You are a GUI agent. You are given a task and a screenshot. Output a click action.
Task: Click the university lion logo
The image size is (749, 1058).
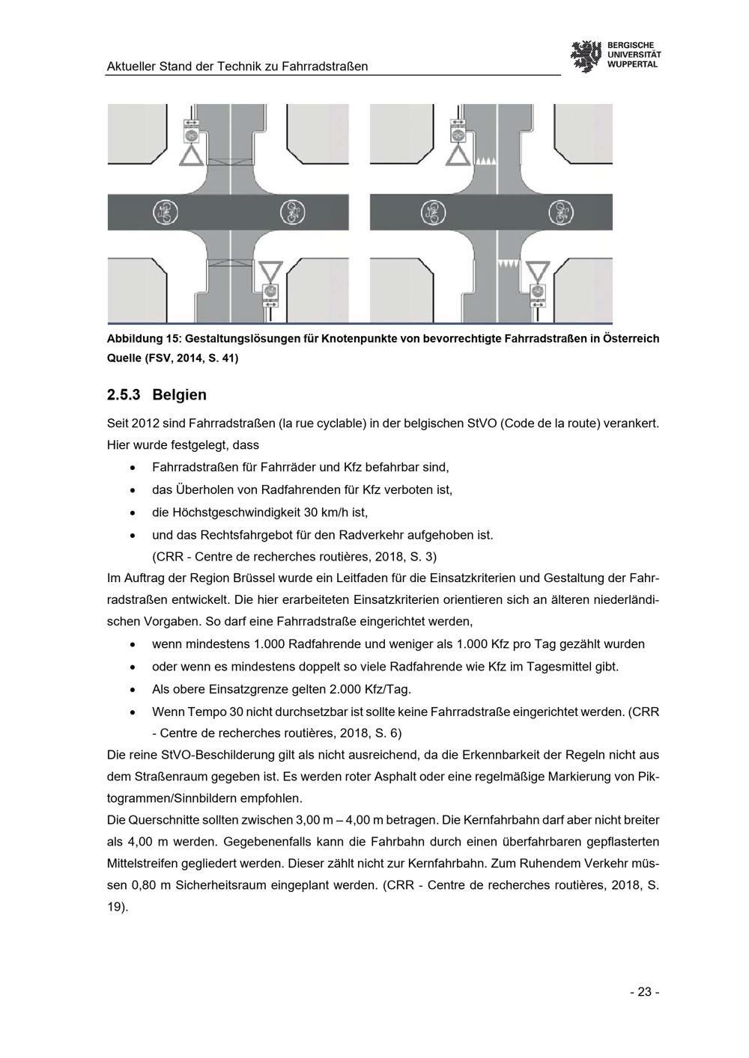click(586, 57)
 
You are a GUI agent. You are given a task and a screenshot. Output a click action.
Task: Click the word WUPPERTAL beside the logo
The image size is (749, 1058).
click(632, 64)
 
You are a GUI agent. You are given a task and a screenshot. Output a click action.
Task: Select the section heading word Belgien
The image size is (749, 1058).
click(179, 395)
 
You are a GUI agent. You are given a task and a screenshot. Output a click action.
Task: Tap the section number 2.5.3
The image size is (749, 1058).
click(124, 395)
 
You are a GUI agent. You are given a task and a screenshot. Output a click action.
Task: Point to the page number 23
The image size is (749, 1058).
click(644, 992)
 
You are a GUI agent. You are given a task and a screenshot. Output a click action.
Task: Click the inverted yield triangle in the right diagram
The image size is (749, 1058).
click(538, 270)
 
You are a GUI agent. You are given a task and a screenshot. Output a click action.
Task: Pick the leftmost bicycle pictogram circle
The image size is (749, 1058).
click(166, 212)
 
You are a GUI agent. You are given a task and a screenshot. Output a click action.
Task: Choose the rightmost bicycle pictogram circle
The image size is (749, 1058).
click(561, 212)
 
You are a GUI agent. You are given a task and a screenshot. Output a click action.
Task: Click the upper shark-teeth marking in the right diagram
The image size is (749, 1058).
click(484, 161)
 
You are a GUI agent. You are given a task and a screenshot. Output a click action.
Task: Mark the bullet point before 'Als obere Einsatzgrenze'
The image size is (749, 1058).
click(133, 690)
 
